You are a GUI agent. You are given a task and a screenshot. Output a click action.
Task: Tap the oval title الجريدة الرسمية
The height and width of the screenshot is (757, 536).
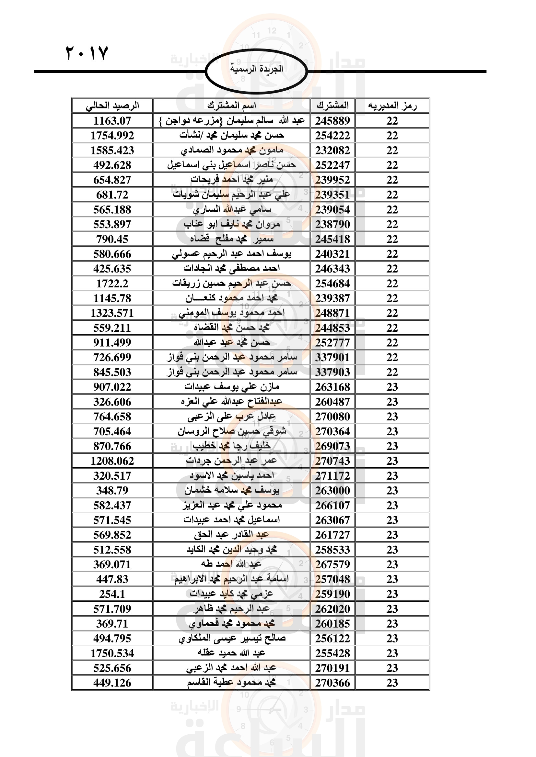point(256,69)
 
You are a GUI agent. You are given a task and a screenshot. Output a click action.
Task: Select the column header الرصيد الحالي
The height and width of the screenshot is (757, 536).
point(112,106)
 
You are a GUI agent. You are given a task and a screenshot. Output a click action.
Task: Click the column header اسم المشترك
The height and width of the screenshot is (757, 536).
point(231,106)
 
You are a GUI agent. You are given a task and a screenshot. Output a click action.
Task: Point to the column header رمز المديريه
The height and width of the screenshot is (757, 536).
point(392,106)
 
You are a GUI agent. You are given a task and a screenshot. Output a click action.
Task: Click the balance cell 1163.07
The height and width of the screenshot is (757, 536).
point(112,121)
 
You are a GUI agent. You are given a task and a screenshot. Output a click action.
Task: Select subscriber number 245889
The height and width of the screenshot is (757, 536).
point(332,121)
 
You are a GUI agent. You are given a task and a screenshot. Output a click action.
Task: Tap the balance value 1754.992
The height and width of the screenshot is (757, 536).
point(112,136)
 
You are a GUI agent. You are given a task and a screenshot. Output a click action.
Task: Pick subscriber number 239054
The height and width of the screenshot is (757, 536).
point(332,209)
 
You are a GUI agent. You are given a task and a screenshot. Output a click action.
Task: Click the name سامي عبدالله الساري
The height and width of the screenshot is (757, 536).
point(232,209)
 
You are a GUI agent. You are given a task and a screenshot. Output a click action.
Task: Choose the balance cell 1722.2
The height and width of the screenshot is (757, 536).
point(112,284)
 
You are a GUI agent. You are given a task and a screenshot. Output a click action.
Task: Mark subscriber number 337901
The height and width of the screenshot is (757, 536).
point(332,357)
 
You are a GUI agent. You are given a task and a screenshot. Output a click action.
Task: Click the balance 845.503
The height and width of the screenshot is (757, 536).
point(112,372)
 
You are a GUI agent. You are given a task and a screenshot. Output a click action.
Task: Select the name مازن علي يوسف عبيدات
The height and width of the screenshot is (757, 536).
point(232,387)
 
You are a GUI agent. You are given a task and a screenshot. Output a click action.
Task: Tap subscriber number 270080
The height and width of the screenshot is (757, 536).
point(332,417)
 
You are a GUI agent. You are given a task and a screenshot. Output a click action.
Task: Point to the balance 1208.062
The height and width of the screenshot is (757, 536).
point(112,461)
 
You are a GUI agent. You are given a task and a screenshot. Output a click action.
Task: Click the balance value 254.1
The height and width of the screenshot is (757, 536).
point(112,594)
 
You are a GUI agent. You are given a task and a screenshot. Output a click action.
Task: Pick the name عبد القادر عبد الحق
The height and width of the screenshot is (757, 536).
point(231,535)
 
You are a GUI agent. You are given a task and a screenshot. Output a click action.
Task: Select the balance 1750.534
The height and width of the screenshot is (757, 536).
point(112,653)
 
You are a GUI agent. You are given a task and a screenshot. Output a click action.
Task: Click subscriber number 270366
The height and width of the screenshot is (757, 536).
point(332,683)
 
